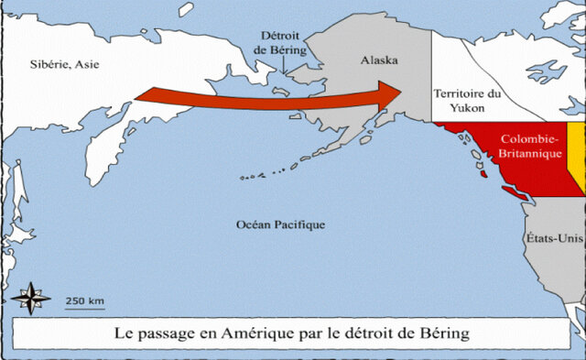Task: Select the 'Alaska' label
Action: coord(379,60)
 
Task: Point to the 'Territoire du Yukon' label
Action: coord(468,100)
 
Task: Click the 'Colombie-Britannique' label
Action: coord(531,147)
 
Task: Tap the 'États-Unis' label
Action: coord(555,237)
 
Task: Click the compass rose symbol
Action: coord(33,298)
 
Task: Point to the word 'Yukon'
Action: coord(468,107)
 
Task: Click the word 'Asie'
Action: coord(83,64)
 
